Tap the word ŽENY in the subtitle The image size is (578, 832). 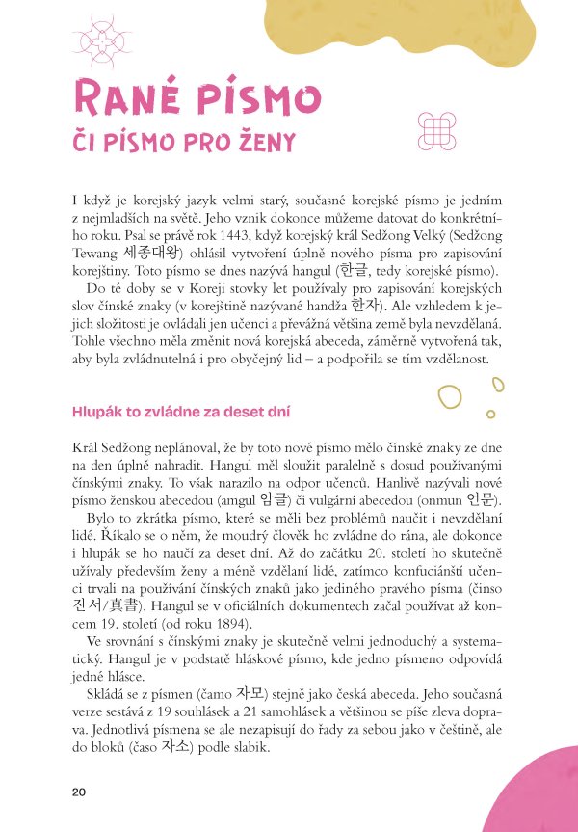[256, 143]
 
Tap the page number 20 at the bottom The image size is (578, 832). [79, 792]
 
